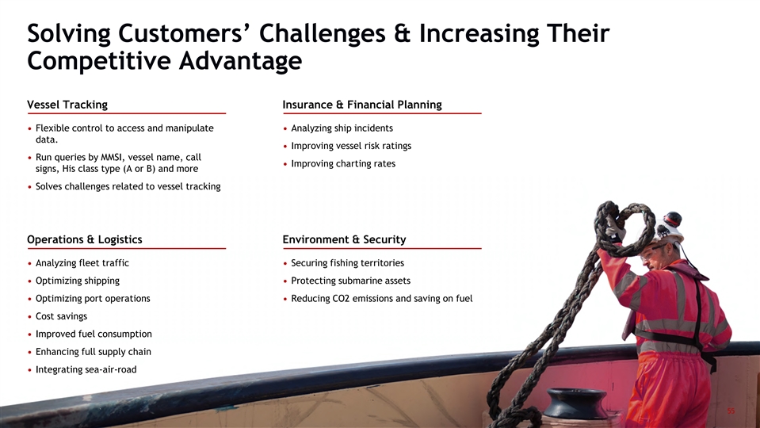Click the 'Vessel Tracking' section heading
click(x=67, y=105)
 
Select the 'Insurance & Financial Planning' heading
click(x=362, y=105)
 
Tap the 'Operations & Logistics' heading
click(x=84, y=239)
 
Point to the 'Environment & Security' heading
click(x=344, y=239)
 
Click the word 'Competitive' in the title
click(x=98, y=61)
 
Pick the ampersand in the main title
click(x=403, y=33)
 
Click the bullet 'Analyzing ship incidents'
click(x=342, y=128)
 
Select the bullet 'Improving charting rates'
click(x=343, y=164)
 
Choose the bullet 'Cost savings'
click(x=61, y=316)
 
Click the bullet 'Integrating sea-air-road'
click(x=86, y=369)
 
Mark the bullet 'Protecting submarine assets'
click(x=350, y=281)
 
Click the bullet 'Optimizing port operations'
click(x=93, y=299)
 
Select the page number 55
click(x=731, y=411)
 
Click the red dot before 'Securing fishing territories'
click(x=285, y=264)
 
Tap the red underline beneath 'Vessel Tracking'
click(x=127, y=113)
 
